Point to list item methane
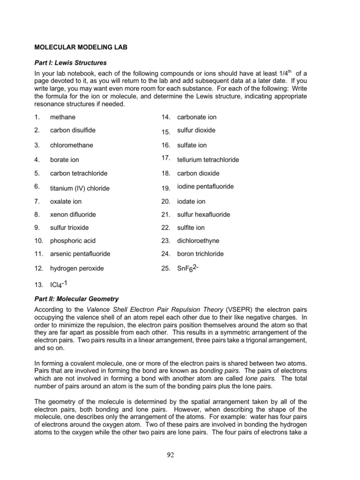[63, 117]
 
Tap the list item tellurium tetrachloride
[208, 160]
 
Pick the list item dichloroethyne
[198, 241]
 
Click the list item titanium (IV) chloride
[80, 188]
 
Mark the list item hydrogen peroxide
[77, 269]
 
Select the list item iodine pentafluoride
[205, 187]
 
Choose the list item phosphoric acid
[73, 241]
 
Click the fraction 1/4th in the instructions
[285, 73]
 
